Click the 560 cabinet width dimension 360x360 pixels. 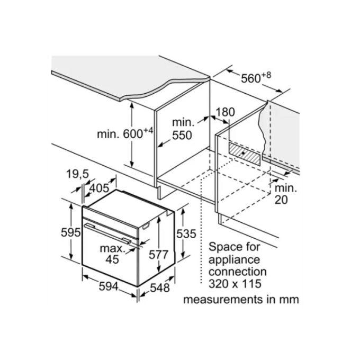[256, 78]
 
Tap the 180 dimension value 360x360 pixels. [226, 112]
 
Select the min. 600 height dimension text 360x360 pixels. [125, 133]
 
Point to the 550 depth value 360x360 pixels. [182, 136]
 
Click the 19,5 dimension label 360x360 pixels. [77, 175]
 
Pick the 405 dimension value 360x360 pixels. [99, 188]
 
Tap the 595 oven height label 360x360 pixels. [71, 232]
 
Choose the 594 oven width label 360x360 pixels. [109, 286]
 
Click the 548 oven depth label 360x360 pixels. [160, 288]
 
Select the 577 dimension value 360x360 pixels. [159, 255]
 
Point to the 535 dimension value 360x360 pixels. [186, 234]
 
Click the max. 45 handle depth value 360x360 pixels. [112, 254]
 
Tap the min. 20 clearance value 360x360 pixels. [285, 194]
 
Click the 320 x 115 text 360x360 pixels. [235, 284]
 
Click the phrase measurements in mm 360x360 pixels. [241, 300]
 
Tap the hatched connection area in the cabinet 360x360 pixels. [245, 154]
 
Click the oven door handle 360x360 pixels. [107, 233]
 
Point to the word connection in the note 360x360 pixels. [238, 272]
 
